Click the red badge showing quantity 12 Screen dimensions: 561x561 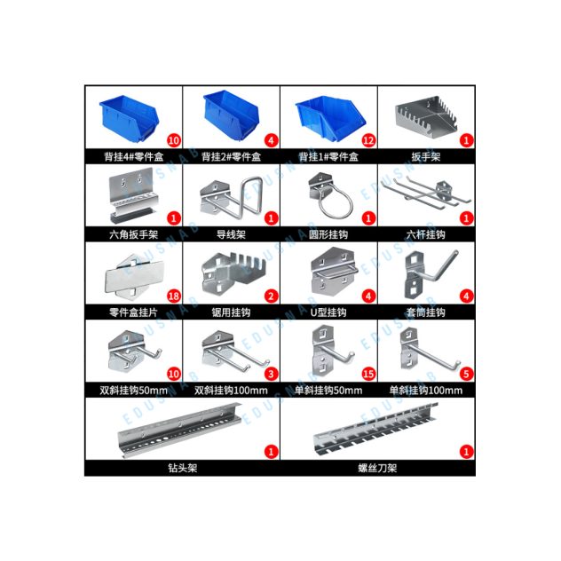pos(368,140)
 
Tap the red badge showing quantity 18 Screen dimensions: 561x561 pos(173,296)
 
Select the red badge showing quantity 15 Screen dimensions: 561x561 pos(368,375)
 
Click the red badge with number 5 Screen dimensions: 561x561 pos(466,375)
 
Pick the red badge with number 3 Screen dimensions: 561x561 pos(271,375)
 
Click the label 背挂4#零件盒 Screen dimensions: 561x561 pos(134,157)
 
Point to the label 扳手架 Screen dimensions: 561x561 pos(426,157)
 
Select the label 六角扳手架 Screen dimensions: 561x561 pos(134,234)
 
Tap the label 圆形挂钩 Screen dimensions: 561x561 pos(328,234)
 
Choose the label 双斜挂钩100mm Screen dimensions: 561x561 pos(231,391)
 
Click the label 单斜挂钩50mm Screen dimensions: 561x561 pos(328,391)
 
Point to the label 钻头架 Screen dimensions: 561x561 pos(183,468)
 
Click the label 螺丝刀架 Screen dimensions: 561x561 pos(377,468)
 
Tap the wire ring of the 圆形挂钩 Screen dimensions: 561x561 pos(336,206)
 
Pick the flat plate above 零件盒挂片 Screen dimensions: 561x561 pos(134,276)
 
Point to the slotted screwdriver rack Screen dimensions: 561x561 pos(375,429)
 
